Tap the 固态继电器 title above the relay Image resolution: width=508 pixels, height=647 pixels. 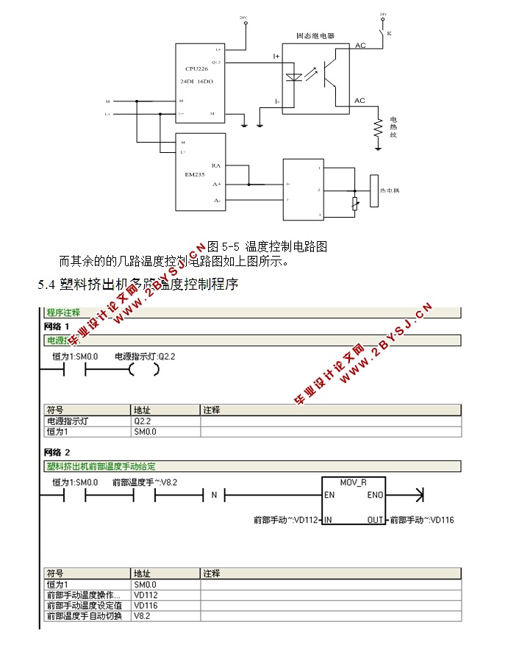pyautogui.click(x=315, y=35)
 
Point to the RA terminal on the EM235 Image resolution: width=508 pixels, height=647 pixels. pyautogui.click(x=215, y=165)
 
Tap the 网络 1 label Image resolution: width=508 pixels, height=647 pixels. pyautogui.click(x=57, y=326)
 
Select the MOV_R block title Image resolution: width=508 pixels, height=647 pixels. pyautogui.click(x=354, y=482)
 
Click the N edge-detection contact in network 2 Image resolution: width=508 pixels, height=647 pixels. pyautogui.click(x=214, y=495)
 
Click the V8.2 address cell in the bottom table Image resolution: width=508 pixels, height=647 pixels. pyautogui.click(x=142, y=615)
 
